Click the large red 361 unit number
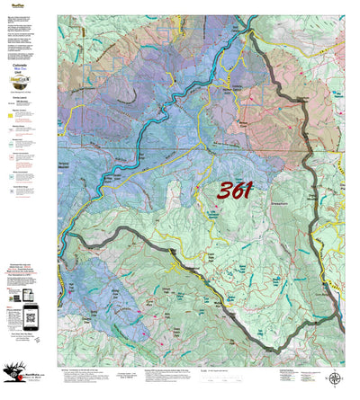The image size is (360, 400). pos(234,190)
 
